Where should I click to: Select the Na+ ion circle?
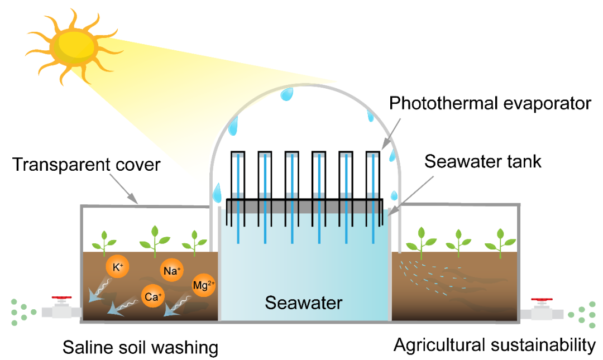click(171, 271)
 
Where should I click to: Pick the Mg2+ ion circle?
click(203, 286)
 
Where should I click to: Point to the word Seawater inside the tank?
click(303, 303)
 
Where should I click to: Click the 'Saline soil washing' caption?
click(140, 347)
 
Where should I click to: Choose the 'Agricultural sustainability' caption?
click(495, 345)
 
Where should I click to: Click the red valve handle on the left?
click(62, 300)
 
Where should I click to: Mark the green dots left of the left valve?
click(21, 312)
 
